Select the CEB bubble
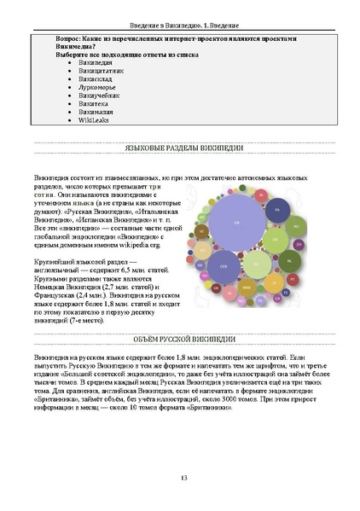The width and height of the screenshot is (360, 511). [224, 266]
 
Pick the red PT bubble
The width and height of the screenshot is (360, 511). [293, 278]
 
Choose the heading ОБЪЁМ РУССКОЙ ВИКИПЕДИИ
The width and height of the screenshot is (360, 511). [180, 340]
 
